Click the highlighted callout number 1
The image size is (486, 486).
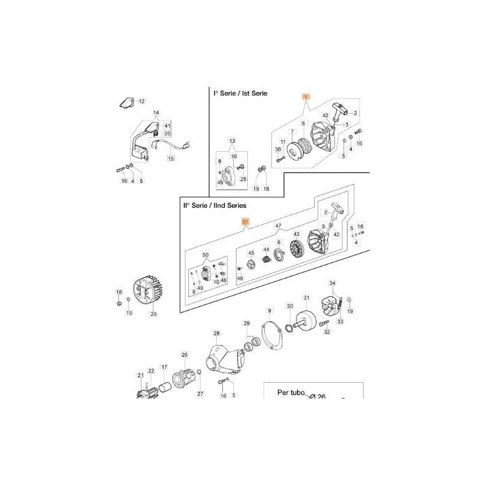pos(307,97)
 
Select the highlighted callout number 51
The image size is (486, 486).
pos(245,222)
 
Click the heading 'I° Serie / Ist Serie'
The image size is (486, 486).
pos(240,94)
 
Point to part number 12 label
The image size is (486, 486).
pos(142,101)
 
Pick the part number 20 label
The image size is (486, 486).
pos(153,314)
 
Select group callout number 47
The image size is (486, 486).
pos(278,226)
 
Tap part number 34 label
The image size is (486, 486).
pos(332,283)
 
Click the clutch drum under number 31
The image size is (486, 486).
pos(307,318)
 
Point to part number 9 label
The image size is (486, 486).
pos(269,311)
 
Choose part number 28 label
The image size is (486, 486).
pos(216,334)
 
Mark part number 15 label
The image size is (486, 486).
pos(171,159)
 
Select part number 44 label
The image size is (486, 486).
pos(266,249)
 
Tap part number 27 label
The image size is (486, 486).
pos(200,394)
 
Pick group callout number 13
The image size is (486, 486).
pos(231,140)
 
